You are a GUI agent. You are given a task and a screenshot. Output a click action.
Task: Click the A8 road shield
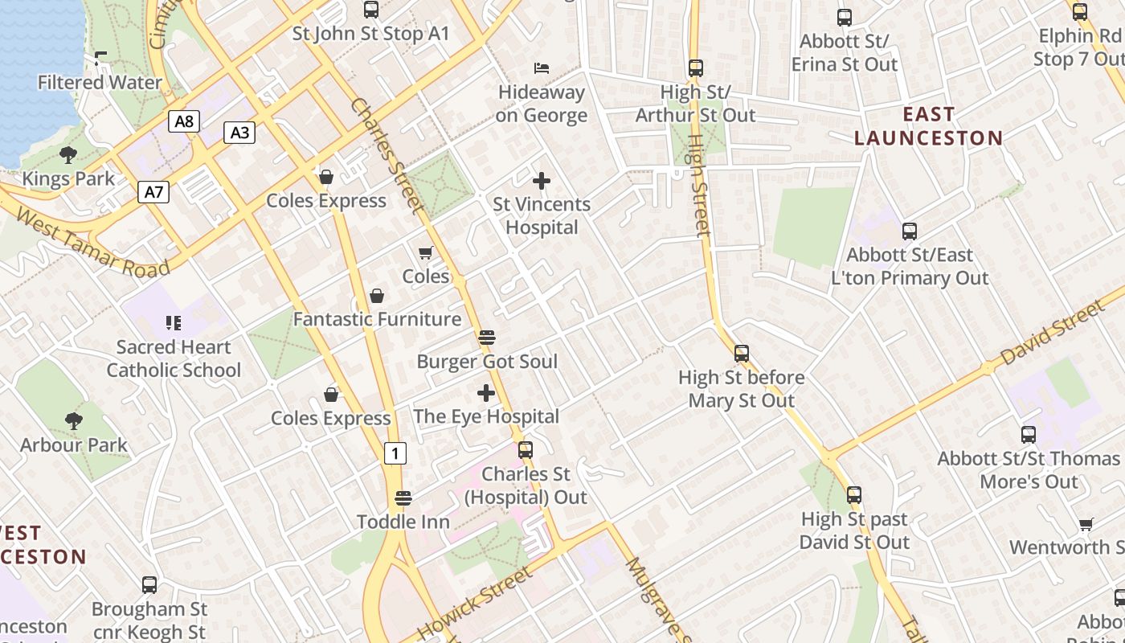[x=184, y=121]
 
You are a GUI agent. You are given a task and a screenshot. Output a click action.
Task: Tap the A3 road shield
[x=239, y=133]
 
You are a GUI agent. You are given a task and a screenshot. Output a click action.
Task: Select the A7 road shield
[x=153, y=192]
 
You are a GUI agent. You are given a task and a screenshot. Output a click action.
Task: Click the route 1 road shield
[x=394, y=453]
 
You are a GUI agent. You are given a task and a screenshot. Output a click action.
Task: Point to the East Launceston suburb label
[x=928, y=126]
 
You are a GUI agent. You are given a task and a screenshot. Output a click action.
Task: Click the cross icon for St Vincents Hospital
[x=542, y=181]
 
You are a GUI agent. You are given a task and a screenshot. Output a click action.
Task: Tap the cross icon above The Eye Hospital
[x=486, y=393]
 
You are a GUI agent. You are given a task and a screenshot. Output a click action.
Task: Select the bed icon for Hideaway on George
[x=542, y=68]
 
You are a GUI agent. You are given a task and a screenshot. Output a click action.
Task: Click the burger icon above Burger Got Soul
[x=486, y=338]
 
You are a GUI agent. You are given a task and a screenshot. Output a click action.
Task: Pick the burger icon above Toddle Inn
[x=403, y=498]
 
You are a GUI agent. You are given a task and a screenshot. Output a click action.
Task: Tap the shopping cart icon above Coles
[x=426, y=252]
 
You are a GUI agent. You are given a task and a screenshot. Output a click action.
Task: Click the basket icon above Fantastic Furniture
[x=376, y=296]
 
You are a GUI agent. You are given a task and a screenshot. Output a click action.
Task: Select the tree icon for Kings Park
[x=68, y=154]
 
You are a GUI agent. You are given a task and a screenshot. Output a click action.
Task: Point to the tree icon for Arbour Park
[x=74, y=420]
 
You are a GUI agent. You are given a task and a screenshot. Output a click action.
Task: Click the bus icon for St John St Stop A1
[x=370, y=10]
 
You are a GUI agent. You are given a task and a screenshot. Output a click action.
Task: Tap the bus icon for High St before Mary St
[x=741, y=353]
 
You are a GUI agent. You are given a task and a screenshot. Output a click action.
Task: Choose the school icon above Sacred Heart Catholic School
[x=174, y=323]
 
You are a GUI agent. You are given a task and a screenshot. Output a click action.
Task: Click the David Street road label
[x=1053, y=331]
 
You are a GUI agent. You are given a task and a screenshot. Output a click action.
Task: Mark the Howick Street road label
[x=475, y=603]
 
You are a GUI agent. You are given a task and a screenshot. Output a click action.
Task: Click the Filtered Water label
[x=100, y=82]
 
